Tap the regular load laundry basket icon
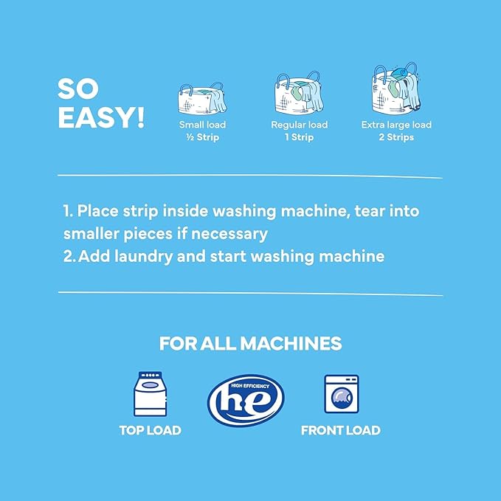299,92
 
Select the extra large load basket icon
395,89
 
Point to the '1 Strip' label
299,137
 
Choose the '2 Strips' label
396,137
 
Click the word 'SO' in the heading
78,89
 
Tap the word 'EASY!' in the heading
100,117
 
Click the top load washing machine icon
150,395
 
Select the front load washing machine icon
340,395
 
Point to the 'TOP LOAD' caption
150,430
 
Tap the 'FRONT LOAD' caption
340,430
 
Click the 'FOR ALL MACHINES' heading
250,343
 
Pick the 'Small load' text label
202,125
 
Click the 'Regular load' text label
299,125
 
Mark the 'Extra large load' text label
396,125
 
